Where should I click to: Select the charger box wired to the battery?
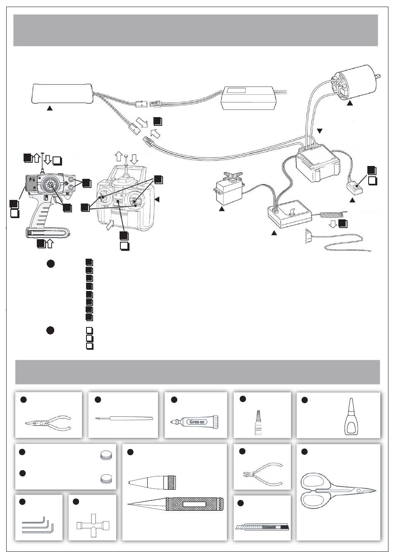click(x=249, y=98)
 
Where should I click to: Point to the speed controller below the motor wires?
click(x=316, y=166)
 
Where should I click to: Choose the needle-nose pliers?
click(x=48, y=424)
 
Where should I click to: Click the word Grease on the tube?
click(x=198, y=422)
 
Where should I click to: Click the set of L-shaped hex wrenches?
click(x=37, y=524)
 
